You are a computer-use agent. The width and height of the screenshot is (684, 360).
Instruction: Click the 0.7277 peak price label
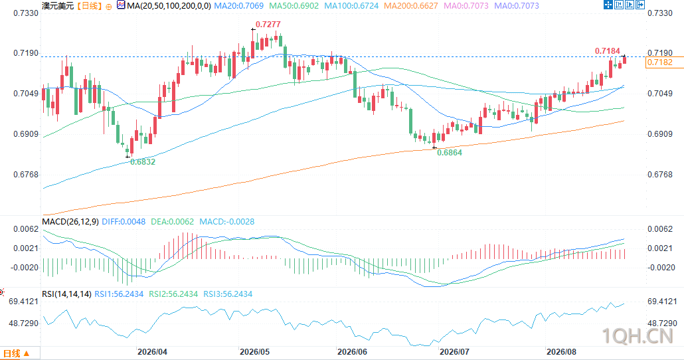[x=268, y=25]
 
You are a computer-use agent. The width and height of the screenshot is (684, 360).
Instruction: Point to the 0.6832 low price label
[x=143, y=162]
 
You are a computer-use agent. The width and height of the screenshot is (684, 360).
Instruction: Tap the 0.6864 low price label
[x=450, y=153]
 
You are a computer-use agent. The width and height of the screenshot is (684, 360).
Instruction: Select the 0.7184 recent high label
[x=607, y=51]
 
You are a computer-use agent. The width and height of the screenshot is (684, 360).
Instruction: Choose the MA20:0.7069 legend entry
[x=238, y=6]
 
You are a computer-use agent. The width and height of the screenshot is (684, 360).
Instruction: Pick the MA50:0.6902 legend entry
[x=294, y=6]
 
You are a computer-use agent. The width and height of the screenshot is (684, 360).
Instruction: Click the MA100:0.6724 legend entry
[x=351, y=6]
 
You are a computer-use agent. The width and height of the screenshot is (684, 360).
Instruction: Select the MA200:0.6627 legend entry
[x=411, y=6]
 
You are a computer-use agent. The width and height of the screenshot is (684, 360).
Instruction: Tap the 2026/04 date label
[x=152, y=352]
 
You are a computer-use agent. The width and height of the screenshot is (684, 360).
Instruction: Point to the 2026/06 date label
[x=352, y=352]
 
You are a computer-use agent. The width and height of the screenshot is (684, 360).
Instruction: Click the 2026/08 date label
[x=561, y=352]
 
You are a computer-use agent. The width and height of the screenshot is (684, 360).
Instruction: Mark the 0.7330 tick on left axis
[x=26, y=13]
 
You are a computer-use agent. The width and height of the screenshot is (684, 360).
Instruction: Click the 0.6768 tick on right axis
[x=660, y=175]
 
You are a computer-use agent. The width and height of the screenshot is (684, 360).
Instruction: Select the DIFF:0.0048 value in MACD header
[x=124, y=222]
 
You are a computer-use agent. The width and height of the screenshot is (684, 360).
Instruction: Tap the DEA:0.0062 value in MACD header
[x=172, y=222]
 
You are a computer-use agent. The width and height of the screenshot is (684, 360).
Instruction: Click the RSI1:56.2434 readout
[x=119, y=294]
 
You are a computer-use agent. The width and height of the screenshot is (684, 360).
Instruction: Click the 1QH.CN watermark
[x=638, y=336]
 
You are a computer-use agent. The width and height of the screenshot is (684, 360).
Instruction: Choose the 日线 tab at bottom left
[x=16, y=353]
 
